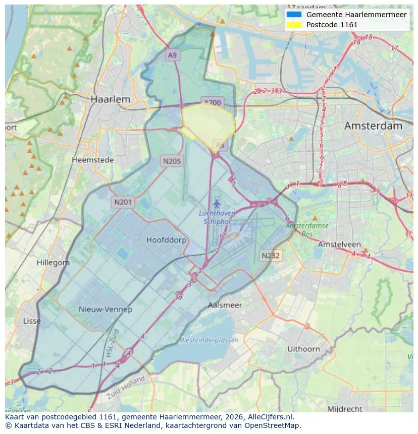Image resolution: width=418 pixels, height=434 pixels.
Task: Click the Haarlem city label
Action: (111, 99)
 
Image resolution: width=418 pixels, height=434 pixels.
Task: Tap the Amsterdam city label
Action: (373, 126)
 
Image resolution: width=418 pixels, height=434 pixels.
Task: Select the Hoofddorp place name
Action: (166, 240)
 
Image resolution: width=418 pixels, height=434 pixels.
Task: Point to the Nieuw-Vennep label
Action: (106, 309)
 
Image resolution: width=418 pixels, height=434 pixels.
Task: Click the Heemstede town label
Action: (93, 160)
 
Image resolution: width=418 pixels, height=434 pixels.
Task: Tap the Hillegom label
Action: (53, 263)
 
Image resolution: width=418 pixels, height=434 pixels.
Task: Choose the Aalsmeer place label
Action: (225, 305)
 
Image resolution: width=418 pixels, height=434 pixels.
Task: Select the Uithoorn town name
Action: (303, 349)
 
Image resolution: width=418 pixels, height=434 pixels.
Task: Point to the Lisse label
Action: (32, 321)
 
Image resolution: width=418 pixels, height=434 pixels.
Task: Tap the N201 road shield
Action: (123, 202)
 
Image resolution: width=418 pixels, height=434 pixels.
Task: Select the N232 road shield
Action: (271, 256)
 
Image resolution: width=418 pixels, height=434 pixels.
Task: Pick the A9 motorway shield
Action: (173, 55)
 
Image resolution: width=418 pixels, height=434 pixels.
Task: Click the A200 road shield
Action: (212, 102)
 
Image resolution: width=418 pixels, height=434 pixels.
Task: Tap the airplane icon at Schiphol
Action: (217, 204)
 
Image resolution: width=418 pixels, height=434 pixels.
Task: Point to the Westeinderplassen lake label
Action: (209, 340)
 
